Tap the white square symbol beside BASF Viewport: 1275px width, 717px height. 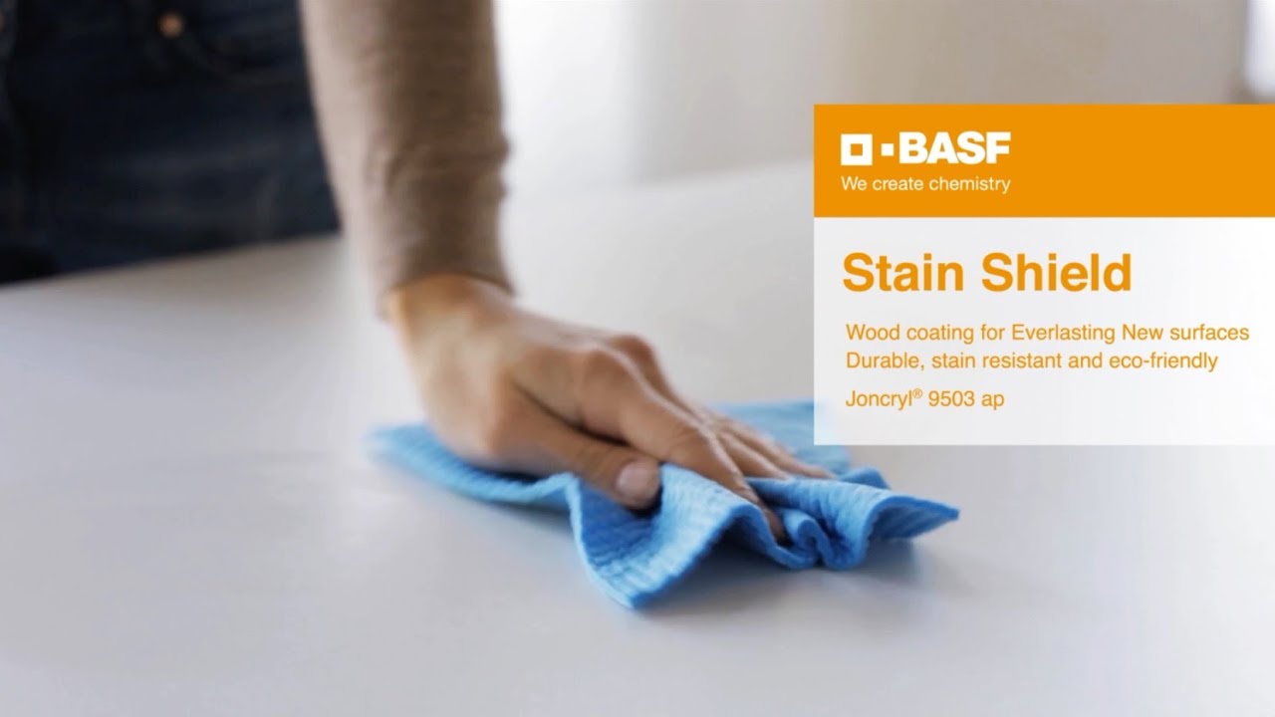(x=857, y=150)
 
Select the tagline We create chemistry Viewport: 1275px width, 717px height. (x=925, y=184)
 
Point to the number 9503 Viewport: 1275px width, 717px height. (x=951, y=399)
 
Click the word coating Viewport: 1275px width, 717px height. (x=938, y=332)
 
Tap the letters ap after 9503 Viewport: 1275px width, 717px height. (x=992, y=400)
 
